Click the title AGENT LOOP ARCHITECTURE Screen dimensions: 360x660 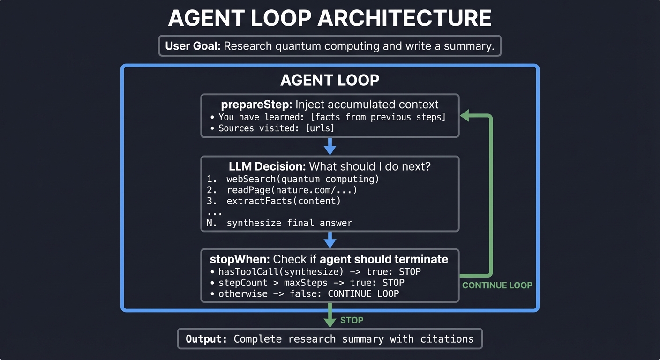point(330,19)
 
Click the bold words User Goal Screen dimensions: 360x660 point(193,46)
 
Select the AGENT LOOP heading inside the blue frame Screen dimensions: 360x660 point(330,80)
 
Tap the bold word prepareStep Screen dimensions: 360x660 point(249,105)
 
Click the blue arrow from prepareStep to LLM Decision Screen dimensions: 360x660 point(330,146)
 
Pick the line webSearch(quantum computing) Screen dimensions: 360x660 point(302,179)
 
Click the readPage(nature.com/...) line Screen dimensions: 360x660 point(292,190)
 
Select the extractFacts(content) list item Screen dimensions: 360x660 point(283,201)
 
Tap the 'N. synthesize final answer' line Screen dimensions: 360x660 point(279,223)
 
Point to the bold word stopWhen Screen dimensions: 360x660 point(239,259)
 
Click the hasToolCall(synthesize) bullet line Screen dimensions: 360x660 point(319,271)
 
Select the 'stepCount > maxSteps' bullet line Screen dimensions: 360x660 point(311,283)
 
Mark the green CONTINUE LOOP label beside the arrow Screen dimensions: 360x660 point(497,285)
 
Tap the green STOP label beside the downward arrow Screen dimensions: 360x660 point(352,320)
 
